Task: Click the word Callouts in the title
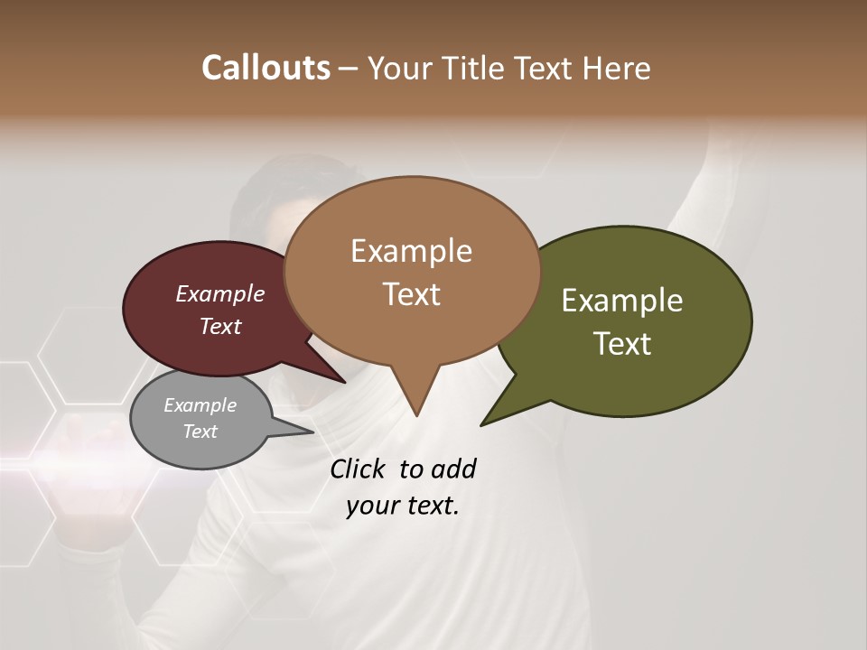click(x=266, y=68)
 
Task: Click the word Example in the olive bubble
click(x=622, y=301)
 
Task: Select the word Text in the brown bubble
click(x=412, y=294)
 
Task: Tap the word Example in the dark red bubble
click(x=220, y=293)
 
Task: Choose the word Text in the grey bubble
click(x=200, y=432)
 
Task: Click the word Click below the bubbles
click(x=359, y=469)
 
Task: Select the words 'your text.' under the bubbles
click(x=403, y=506)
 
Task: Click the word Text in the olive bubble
click(x=623, y=344)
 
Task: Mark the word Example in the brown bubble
click(x=412, y=251)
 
